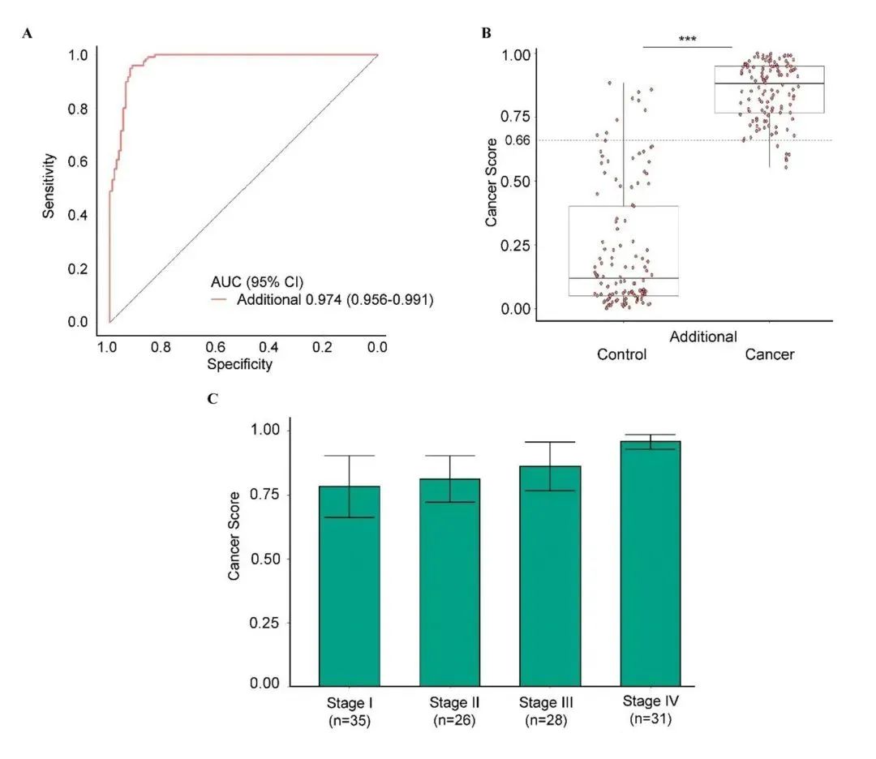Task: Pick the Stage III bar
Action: pos(550,575)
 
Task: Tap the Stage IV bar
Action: pos(651,563)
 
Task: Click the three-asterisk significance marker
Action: pos(688,39)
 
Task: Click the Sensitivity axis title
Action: pos(49,185)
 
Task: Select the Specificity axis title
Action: pos(239,364)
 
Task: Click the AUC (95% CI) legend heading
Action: pos(248,282)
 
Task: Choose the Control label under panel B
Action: pos(622,354)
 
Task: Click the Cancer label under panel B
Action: pos(769,354)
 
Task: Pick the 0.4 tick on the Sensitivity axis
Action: pos(78,215)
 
